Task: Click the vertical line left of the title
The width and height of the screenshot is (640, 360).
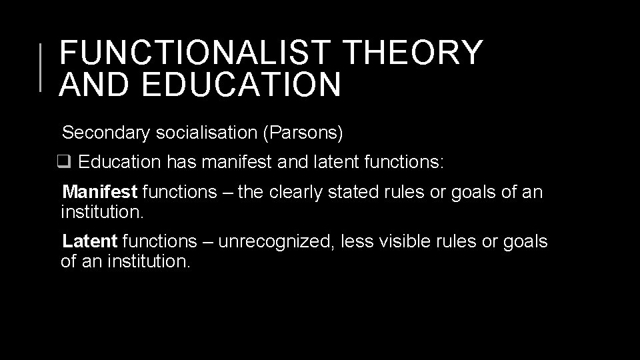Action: [41, 66]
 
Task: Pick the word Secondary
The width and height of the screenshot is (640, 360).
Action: [105, 133]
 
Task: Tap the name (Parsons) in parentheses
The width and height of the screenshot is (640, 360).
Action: [303, 133]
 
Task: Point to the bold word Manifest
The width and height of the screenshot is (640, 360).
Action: [99, 193]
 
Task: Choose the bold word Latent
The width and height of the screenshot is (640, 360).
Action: [89, 241]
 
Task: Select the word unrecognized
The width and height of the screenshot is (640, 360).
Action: [275, 241]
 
